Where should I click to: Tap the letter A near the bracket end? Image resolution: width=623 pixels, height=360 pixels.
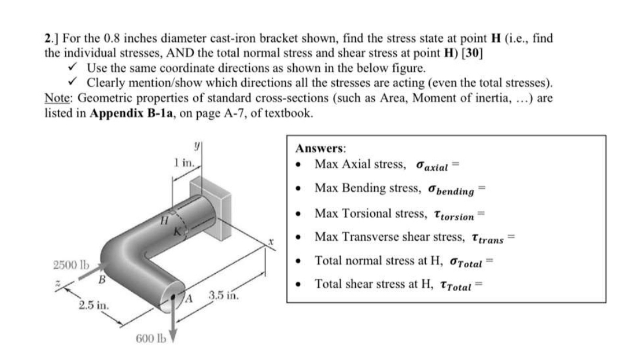pos(189,299)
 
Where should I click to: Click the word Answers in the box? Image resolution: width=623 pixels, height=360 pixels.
pos(320,149)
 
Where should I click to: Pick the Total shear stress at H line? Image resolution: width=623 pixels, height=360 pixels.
pos(398,285)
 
